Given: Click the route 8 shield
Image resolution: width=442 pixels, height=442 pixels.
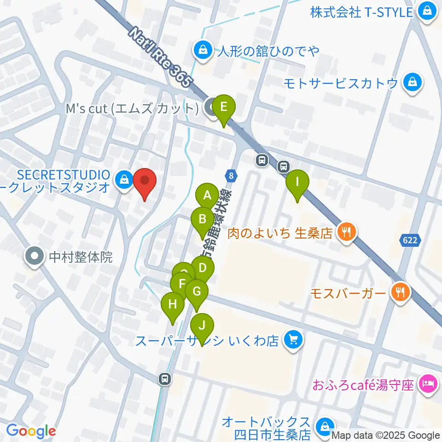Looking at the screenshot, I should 230,175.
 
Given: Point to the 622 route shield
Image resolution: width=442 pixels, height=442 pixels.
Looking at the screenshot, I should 409,240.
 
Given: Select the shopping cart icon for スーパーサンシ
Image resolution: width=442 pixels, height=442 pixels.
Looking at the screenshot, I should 293,341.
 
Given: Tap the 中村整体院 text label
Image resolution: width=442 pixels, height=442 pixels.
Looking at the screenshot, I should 81,256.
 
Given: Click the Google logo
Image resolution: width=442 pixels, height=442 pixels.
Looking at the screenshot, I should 31,431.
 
